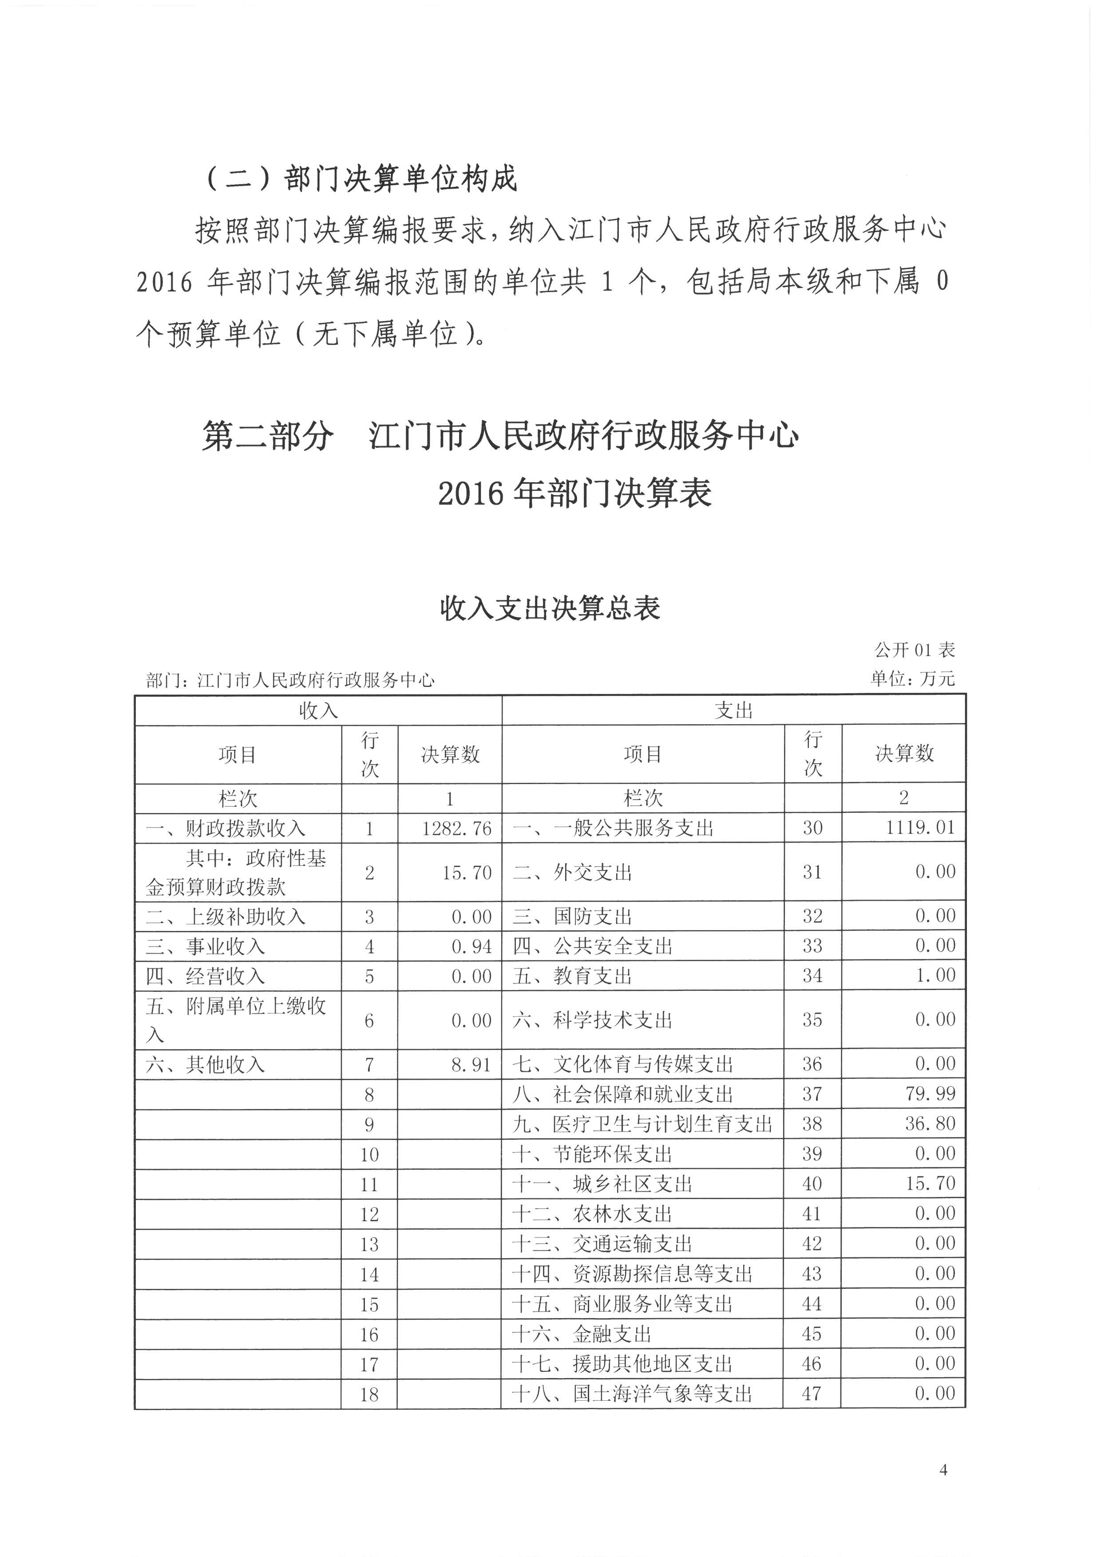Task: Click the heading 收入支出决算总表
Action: pos(550,609)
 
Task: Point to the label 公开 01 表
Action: pos(914,650)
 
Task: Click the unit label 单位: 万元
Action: pos(912,679)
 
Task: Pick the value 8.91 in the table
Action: pos(471,1065)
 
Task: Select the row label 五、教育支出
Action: pos(572,976)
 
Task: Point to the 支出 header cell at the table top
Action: pos(733,711)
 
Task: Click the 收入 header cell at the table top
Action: pos(318,711)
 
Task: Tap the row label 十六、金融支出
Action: pos(582,1335)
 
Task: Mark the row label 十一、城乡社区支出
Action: pos(602,1184)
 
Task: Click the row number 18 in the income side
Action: pos(369,1395)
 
